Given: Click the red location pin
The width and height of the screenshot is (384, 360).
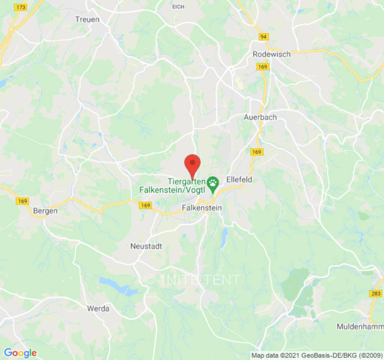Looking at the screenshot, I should pos(193,164).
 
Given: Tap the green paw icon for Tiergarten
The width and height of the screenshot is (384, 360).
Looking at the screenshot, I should pos(212,182).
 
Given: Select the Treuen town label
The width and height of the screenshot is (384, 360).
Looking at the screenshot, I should pos(87,19).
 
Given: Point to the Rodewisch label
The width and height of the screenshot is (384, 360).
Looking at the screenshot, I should pos(271,54).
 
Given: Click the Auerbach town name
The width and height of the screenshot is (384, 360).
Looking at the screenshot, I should pos(260,117).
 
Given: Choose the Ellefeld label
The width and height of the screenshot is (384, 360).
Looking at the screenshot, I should pos(239,180).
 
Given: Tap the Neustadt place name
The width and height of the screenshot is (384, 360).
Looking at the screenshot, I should pos(146,246).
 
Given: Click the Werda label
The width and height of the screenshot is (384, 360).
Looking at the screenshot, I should pos(98,309).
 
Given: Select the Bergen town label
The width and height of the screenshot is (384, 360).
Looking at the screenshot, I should pos(45,210).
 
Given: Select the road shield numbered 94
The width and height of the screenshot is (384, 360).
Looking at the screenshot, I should pos(263,36).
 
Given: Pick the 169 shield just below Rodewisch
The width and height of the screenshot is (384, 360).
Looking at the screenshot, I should pos(262,67).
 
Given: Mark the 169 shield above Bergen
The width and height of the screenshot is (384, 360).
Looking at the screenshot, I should pos(23,201).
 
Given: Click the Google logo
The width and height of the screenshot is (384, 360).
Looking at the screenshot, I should pos(20,353).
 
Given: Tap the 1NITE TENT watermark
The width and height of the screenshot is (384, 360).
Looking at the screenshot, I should pos(192,279).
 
